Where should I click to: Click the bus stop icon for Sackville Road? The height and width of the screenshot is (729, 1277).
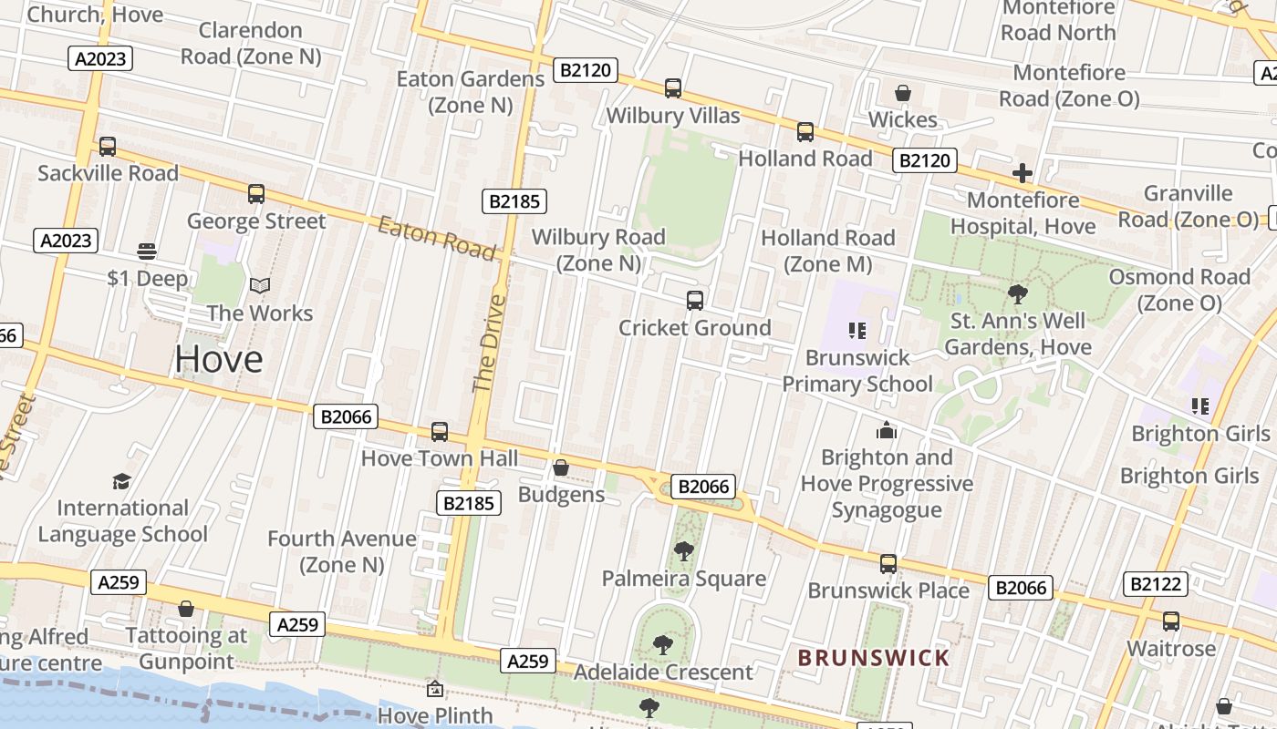coord(108,146)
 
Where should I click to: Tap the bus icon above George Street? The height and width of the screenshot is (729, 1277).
coord(256,193)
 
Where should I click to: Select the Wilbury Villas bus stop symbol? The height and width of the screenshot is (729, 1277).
coord(673,88)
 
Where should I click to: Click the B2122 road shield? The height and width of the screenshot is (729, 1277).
coord(1156,584)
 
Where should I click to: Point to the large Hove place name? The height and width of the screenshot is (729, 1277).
coord(219,359)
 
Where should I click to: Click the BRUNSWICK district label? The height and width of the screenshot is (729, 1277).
coord(874,657)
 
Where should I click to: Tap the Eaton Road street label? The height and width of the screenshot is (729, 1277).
coord(437,238)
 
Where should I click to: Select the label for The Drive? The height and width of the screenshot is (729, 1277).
coord(489,343)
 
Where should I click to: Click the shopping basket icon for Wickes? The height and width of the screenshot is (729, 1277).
coord(903,93)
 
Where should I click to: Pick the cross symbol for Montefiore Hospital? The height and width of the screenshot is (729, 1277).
coord(1023,172)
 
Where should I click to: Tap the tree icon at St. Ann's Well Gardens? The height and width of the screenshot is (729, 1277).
coord(1018,294)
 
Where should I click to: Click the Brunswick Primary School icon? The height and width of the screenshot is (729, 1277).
coord(857,330)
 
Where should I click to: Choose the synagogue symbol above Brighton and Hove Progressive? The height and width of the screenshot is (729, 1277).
coord(887,430)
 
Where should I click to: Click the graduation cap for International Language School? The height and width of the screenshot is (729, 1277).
coord(121,481)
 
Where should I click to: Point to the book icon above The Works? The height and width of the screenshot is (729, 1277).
coord(260,286)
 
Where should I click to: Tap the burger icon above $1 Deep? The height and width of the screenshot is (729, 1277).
coord(147,251)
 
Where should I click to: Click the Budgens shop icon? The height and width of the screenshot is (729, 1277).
coord(561,467)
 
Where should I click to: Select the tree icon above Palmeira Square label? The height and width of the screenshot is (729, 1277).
coord(683,550)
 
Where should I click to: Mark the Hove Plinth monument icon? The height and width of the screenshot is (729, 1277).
coord(435,689)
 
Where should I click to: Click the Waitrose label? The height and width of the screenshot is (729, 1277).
coord(1171,649)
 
